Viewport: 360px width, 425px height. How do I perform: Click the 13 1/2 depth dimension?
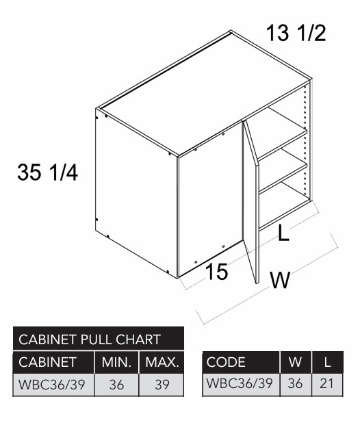(x=296, y=33)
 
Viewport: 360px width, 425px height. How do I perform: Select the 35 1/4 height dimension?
(x=48, y=172)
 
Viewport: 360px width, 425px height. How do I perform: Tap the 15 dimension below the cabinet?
(x=217, y=271)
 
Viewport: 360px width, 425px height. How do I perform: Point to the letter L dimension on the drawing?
(x=284, y=233)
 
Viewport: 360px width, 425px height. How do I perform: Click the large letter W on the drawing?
(x=280, y=280)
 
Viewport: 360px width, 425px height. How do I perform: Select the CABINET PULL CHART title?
(x=90, y=339)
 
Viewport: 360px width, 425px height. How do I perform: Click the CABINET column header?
(x=47, y=362)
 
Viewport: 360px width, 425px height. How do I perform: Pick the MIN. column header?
(x=116, y=362)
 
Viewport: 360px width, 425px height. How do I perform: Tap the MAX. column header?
(x=162, y=362)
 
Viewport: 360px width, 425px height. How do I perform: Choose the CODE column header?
(x=226, y=362)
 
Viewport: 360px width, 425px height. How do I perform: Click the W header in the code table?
(x=295, y=362)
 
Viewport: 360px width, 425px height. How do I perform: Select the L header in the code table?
(x=327, y=362)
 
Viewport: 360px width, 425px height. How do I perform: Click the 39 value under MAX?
(x=162, y=385)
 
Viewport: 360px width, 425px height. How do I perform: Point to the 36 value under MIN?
(x=116, y=385)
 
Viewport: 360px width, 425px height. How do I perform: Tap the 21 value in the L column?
(x=327, y=383)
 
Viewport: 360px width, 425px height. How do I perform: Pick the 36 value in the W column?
(x=295, y=383)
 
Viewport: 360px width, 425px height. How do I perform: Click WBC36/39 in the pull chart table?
(x=51, y=385)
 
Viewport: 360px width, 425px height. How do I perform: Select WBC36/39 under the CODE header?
(x=240, y=383)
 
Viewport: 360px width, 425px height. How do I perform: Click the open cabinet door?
(x=250, y=202)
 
